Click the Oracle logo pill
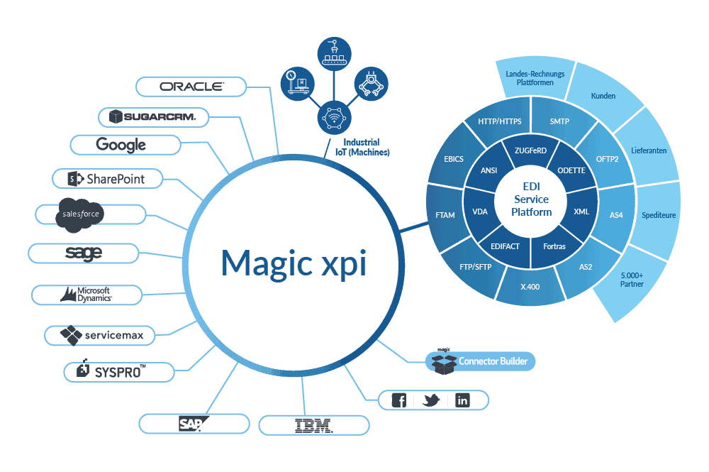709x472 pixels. pyautogui.click(x=191, y=87)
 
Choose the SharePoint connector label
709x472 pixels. pyautogui.click(x=107, y=179)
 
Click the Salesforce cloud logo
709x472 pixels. pyautogui.click(x=80, y=214)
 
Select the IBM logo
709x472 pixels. pyautogui.click(x=313, y=425)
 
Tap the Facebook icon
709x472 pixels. pyautogui.click(x=399, y=400)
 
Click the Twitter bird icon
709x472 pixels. pyautogui.click(x=431, y=400)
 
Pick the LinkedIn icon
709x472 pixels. pyautogui.click(x=462, y=400)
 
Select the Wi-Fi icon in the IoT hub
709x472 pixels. pyautogui.click(x=333, y=116)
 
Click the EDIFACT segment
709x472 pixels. pyautogui.click(x=505, y=246)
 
